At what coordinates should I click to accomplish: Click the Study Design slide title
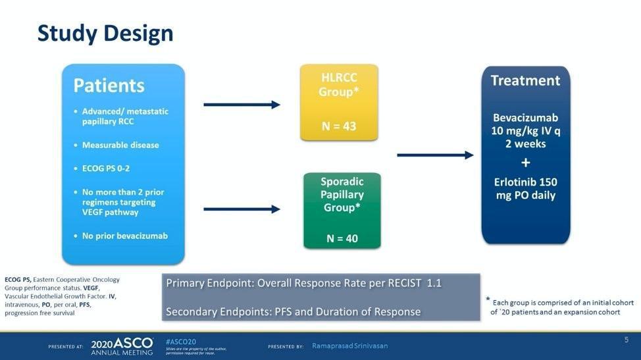click(105, 33)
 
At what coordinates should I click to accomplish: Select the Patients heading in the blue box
click(109, 86)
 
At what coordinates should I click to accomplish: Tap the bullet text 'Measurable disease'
click(120, 145)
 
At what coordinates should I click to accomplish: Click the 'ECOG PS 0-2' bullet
click(105, 168)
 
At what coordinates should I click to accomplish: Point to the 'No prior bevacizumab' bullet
click(124, 236)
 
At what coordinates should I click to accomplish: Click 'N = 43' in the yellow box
click(339, 126)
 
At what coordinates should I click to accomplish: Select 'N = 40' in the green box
click(342, 238)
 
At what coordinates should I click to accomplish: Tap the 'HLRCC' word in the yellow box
click(339, 77)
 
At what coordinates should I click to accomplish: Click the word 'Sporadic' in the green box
click(342, 181)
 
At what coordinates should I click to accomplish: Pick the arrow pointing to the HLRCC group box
click(242, 105)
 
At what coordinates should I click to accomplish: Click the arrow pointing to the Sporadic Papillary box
click(242, 209)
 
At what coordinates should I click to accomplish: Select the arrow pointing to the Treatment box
click(435, 155)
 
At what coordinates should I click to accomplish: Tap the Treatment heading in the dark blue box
click(525, 81)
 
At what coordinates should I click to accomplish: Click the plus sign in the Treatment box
click(525, 163)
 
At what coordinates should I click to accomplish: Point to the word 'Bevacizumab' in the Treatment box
click(525, 118)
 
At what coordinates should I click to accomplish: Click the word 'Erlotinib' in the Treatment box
click(517, 182)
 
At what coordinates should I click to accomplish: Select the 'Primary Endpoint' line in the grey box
click(303, 283)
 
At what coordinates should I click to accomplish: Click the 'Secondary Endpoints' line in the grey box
click(293, 311)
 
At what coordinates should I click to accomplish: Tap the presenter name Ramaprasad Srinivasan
click(349, 346)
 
